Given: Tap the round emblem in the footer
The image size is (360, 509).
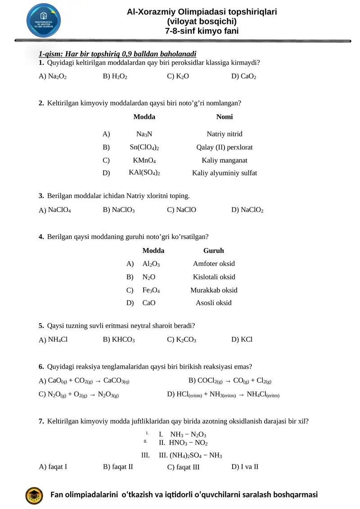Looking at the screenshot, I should (x=34, y=495).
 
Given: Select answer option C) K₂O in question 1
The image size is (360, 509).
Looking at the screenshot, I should (x=178, y=77).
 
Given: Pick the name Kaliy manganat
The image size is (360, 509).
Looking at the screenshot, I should (x=224, y=160).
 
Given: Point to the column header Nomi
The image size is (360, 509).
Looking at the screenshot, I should (x=225, y=117).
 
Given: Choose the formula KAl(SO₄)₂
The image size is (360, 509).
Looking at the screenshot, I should (x=144, y=173).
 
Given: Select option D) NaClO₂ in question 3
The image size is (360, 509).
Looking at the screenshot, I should (x=247, y=210).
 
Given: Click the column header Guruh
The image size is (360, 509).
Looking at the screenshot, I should (x=214, y=251).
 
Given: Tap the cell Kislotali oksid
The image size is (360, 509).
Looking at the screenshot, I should (x=214, y=277).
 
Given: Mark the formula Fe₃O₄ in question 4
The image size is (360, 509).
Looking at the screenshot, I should (x=151, y=290).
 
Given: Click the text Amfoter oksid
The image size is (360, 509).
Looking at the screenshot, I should (x=214, y=264).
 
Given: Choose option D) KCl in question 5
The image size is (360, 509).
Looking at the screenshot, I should (x=242, y=339).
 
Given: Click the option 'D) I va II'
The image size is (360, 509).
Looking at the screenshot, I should (x=245, y=466).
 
